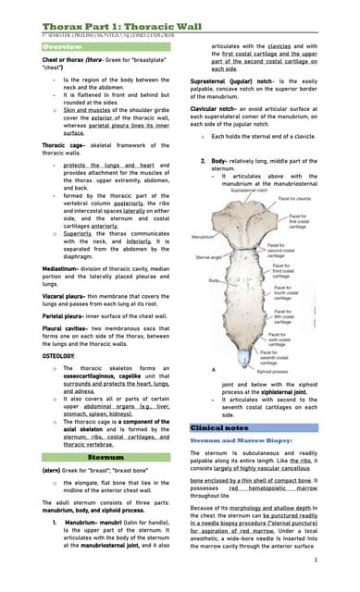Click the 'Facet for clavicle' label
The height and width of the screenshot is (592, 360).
click(x=294, y=199)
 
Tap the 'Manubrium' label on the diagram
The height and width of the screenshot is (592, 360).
click(x=204, y=238)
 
